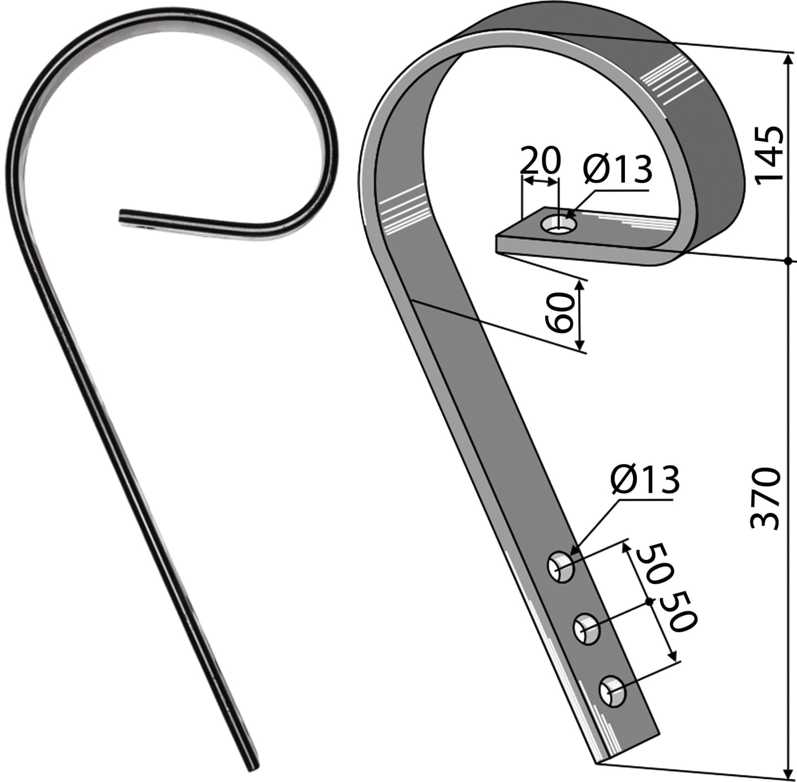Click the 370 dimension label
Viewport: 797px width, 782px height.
[x=765, y=499]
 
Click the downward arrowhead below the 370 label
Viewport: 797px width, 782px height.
[x=788, y=769]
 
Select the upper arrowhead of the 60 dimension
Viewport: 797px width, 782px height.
[x=580, y=287]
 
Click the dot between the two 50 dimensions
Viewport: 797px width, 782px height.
[x=649, y=601]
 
